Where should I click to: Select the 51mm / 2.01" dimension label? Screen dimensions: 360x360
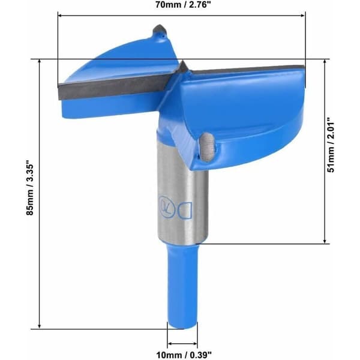(331, 145)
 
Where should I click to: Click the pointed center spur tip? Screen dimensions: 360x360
(183, 61)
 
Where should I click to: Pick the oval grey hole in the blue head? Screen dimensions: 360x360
(207, 146)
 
